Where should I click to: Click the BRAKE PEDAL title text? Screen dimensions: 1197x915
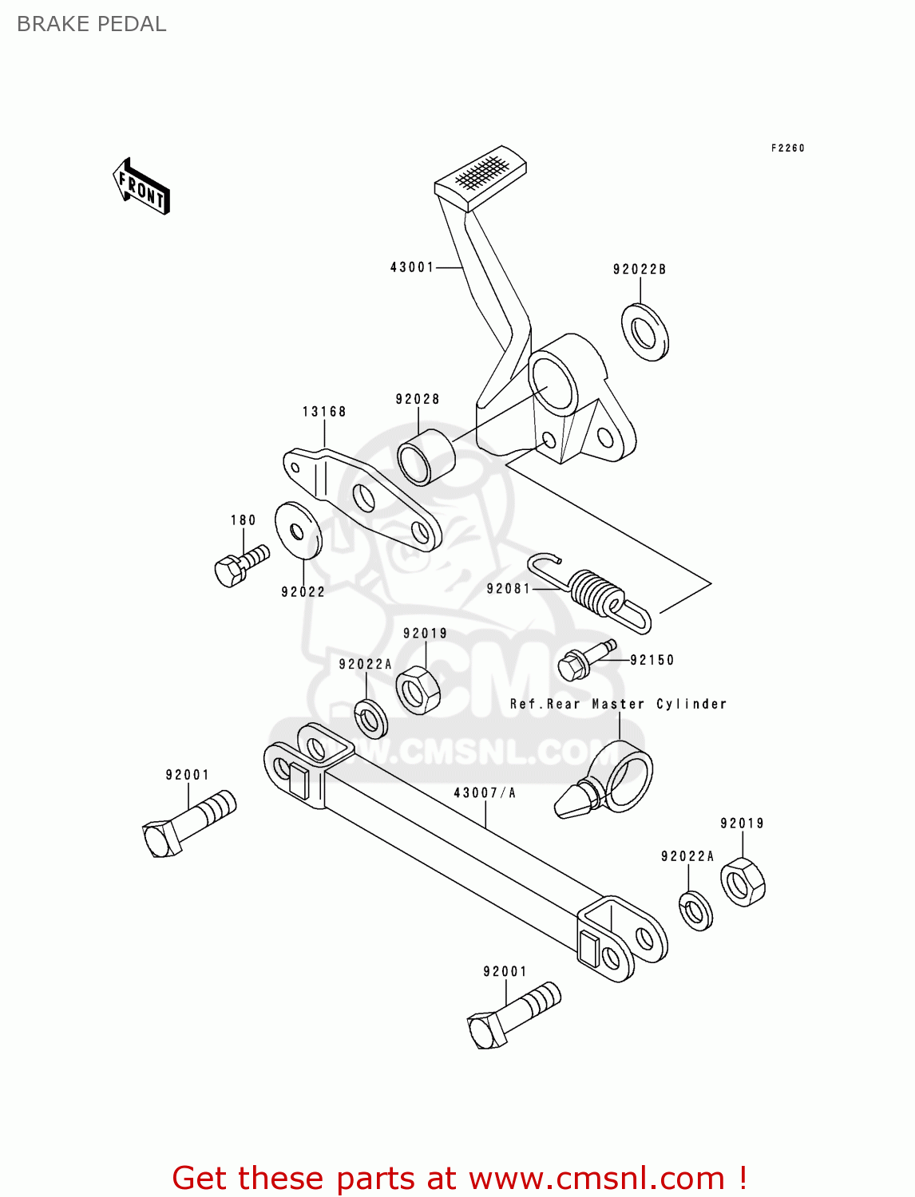click(91, 24)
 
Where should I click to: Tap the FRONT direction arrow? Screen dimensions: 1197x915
click(141, 187)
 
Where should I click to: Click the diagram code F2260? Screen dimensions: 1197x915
click(787, 148)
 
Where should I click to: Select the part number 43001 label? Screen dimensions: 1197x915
click(411, 267)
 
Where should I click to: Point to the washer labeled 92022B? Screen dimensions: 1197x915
click(645, 332)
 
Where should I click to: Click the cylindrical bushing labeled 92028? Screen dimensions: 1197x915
click(426, 457)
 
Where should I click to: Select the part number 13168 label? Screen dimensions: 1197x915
click(324, 412)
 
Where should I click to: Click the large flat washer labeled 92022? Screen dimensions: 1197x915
click(299, 531)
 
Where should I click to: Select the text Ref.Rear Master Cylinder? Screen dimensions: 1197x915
click(618, 704)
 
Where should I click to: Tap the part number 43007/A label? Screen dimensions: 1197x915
click(484, 792)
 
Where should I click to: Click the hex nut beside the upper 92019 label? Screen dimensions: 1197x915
click(418, 689)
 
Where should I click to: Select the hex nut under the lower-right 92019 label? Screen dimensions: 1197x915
click(743, 883)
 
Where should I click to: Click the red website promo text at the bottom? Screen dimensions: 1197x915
click(459, 1178)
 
